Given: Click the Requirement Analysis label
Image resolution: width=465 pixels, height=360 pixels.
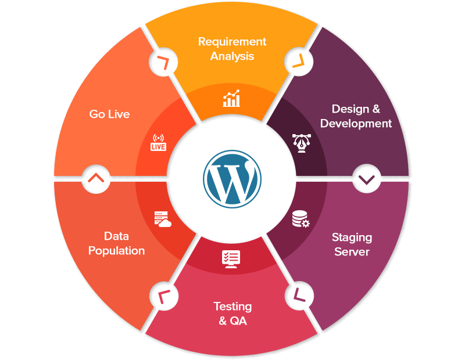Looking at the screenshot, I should pos(232,49).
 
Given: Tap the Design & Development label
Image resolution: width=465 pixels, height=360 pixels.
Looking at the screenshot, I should pos(356,116).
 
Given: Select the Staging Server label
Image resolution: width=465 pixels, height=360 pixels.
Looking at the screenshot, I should pos(352,244).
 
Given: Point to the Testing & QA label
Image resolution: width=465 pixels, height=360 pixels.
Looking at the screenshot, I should pos(233,313).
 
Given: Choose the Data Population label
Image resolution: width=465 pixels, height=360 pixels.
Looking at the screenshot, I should pos(116,243).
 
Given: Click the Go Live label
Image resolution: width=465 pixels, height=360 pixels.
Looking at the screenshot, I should pos(109,114).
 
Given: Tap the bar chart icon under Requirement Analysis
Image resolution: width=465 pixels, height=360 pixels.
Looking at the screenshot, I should pos(231,99).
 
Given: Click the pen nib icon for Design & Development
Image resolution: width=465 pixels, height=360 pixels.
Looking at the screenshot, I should pos(301,142).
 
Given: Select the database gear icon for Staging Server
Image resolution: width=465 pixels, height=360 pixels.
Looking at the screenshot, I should pos(301,219).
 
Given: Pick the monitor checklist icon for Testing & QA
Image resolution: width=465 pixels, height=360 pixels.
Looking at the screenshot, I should pos(231,258).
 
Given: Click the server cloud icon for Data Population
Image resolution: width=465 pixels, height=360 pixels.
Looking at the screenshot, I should pos(162,219).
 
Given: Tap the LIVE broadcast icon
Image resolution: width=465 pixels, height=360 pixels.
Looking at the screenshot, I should pos(158,143).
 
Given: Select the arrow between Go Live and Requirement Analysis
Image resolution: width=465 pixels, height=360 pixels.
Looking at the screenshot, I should pos(164,63).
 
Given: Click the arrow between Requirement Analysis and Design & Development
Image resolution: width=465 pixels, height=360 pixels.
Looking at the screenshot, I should pos(299,61).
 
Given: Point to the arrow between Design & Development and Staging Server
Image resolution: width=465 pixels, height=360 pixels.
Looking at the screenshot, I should pos(366,179).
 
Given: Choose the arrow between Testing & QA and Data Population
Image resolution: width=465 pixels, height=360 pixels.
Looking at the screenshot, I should pos(164,297).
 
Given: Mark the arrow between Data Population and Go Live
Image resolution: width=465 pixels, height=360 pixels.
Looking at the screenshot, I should pos(97,178).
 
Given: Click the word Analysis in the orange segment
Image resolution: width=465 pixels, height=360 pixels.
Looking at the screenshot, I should pos(232,56).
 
